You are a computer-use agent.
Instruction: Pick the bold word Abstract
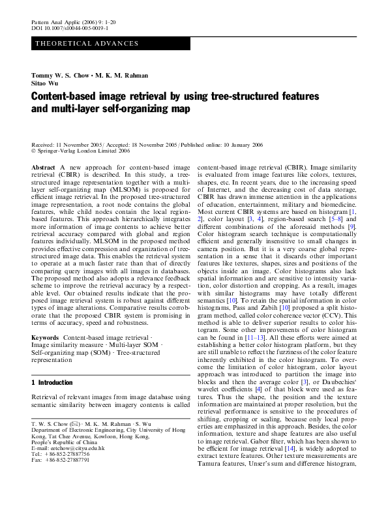43,168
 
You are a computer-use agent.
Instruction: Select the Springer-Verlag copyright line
82,150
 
